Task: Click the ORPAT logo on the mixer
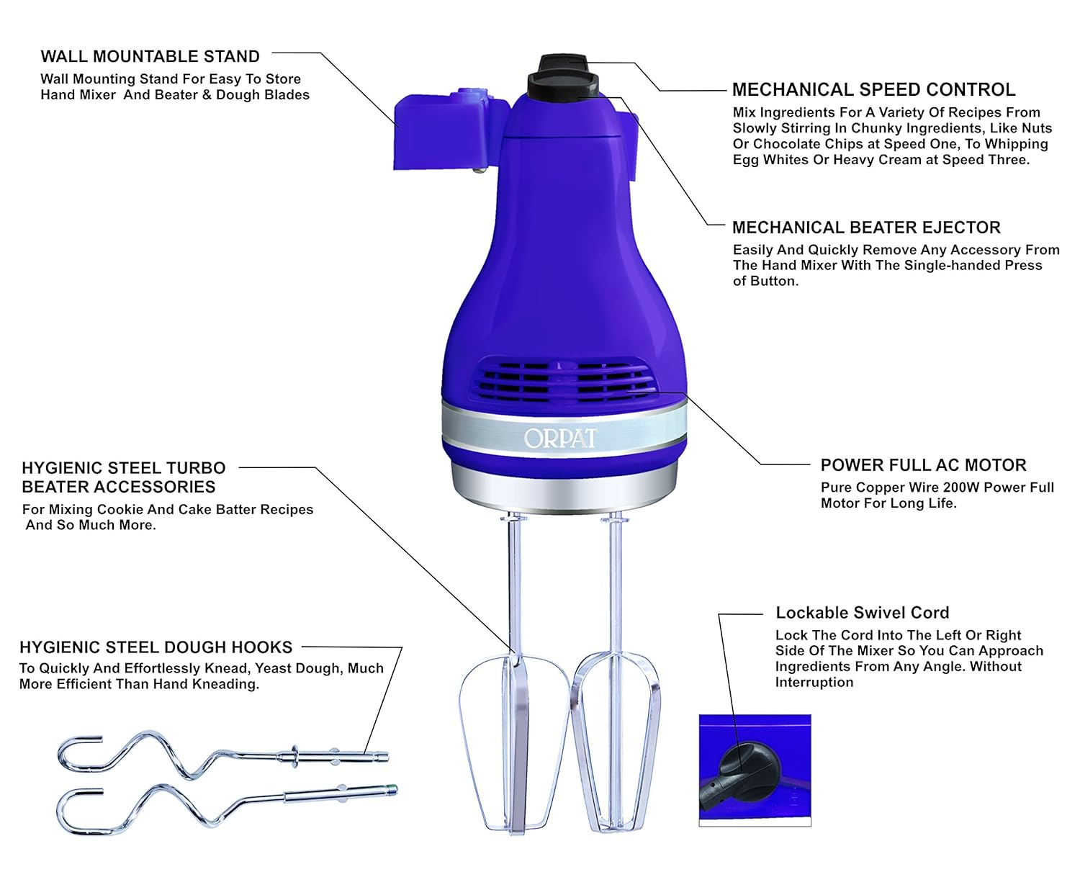point(560,438)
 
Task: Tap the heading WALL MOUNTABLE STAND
point(150,56)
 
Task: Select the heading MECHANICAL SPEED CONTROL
point(873,89)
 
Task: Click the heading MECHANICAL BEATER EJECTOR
point(866,228)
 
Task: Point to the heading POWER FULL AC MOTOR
point(923,465)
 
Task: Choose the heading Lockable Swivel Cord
point(862,613)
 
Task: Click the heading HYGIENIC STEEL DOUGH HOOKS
point(156,647)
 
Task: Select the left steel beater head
point(513,742)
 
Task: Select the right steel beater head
point(616,742)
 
